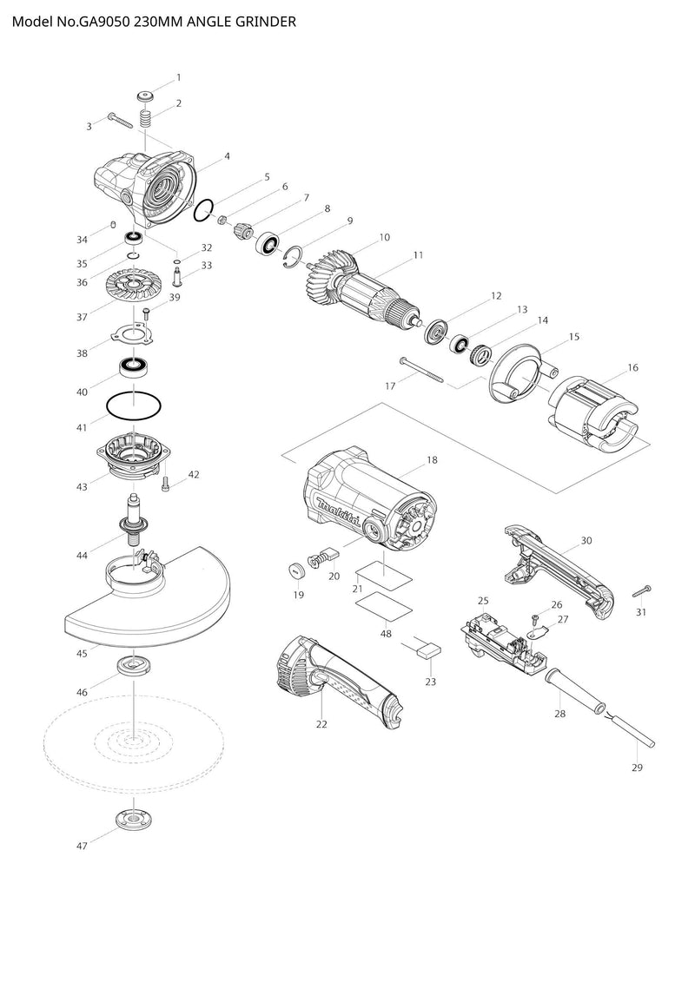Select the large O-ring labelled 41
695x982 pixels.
(x=133, y=405)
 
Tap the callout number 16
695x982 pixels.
(x=632, y=368)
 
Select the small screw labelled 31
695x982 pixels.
(x=642, y=590)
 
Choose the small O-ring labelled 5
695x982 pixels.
(x=205, y=210)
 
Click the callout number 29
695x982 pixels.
(x=637, y=768)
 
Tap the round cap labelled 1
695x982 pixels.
(x=146, y=96)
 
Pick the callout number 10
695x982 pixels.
(x=384, y=236)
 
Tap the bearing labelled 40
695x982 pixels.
(x=134, y=366)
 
